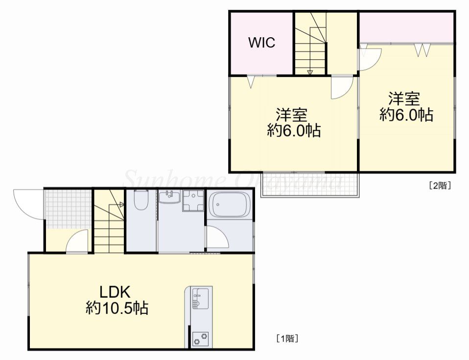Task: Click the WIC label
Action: coord(262,43)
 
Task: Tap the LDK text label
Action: coord(115,292)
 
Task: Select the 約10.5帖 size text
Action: coord(117,308)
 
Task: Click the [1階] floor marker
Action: coord(287,339)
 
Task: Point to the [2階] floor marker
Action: coord(440,186)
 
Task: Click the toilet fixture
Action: coord(141,200)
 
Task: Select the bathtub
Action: coord(230,204)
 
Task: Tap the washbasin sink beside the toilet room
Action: coord(169,197)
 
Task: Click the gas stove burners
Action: coord(201,339)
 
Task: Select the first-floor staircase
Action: coord(110,221)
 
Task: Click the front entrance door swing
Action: coord(27,204)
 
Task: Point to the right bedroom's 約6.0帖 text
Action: coord(406,115)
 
